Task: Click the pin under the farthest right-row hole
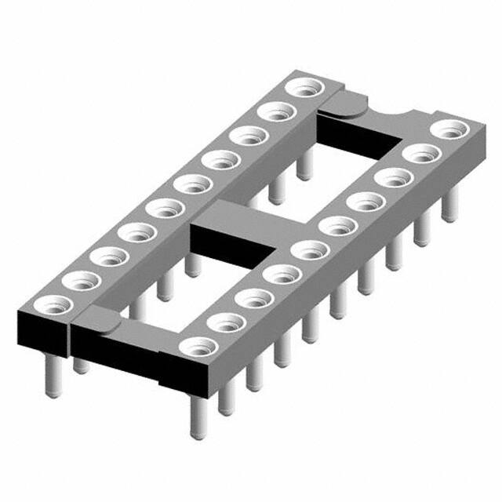(449, 206)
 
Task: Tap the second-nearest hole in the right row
(224, 322)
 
